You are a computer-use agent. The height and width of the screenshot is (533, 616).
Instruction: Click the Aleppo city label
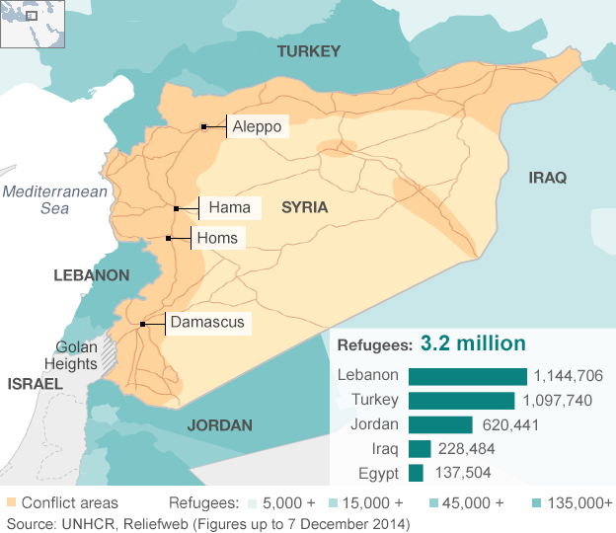[258, 126]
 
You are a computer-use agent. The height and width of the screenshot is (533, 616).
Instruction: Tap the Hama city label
[230, 208]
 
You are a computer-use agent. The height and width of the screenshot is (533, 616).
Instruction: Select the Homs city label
[216, 238]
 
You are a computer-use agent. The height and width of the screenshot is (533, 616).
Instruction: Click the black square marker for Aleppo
[203, 126]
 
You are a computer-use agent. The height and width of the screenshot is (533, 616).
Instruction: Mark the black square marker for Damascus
[143, 324]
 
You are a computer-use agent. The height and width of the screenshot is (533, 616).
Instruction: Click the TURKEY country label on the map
[308, 51]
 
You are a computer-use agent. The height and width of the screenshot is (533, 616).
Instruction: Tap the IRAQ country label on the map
[548, 178]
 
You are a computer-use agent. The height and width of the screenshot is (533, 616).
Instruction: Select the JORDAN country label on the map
[219, 425]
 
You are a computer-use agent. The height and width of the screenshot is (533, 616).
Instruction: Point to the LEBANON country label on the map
[91, 275]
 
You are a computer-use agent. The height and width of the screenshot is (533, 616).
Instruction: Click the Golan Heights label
[76, 355]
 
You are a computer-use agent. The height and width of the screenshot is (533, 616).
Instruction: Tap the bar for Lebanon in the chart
[467, 376]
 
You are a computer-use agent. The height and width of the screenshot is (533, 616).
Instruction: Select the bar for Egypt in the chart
[416, 473]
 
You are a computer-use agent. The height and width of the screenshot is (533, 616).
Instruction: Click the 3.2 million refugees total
[473, 343]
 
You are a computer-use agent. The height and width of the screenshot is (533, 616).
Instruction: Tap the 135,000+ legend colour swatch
[536, 502]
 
